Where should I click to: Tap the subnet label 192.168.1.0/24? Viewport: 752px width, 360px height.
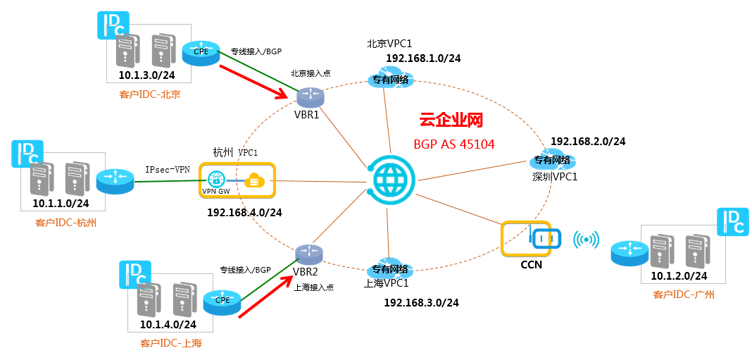click(423, 58)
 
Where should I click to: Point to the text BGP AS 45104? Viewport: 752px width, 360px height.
click(453, 144)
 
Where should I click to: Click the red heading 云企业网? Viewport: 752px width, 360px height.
click(451, 120)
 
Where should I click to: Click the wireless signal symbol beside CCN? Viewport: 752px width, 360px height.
click(587, 240)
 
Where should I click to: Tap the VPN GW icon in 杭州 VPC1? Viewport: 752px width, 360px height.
click(215, 180)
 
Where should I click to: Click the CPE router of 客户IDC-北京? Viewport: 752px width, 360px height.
click(201, 51)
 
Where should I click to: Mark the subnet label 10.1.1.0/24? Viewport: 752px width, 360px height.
click(61, 204)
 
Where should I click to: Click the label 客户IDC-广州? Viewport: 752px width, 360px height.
click(684, 294)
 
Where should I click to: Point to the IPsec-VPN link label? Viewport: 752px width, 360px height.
click(168, 169)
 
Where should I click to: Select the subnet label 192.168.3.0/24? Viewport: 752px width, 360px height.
click(421, 303)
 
